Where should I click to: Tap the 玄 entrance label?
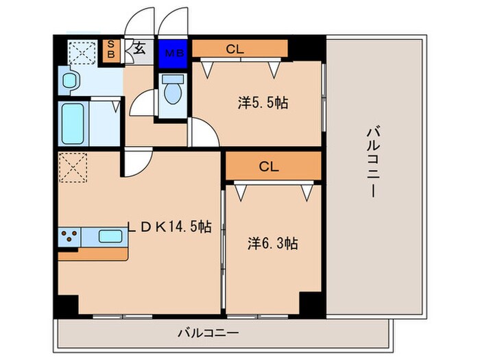[138, 49]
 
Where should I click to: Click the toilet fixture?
[171, 92]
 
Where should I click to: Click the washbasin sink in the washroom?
[70, 82]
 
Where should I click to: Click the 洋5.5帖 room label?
[263, 103]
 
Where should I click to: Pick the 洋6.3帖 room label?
[272, 242]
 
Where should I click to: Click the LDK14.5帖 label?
[169, 227]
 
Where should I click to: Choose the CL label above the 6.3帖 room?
[268, 165]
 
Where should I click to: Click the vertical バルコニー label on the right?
[372, 161]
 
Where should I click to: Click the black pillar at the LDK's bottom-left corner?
[67, 307]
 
